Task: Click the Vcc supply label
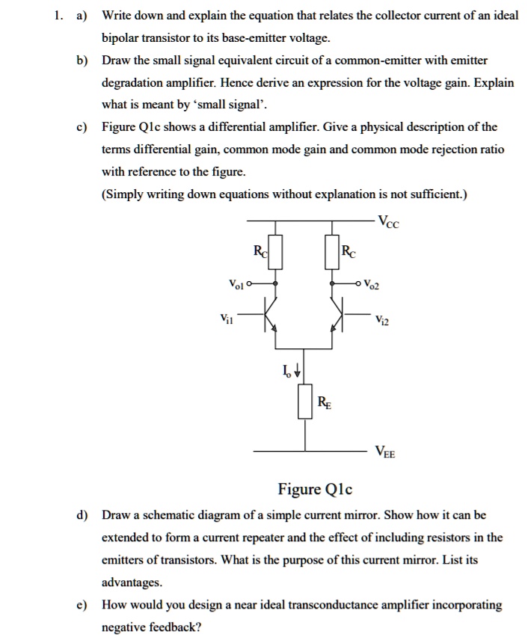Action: pos(391,221)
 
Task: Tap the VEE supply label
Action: pos(387,452)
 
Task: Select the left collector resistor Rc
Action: pos(277,251)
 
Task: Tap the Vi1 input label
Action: pos(227,319)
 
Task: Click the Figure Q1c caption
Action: pos(315,490)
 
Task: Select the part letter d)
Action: pos(80,515)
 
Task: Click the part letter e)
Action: pos(80,605)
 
